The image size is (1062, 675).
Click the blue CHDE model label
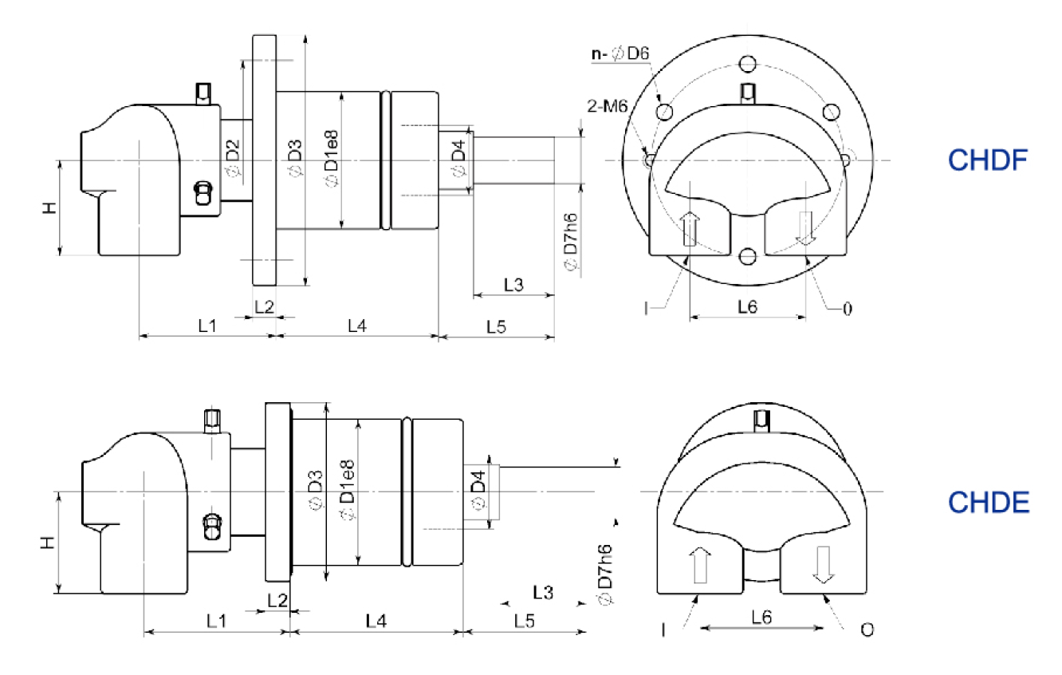click(989, 503)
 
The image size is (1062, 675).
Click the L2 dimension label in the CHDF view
click(264, 306)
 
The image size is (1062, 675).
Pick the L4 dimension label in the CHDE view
click(376, 620)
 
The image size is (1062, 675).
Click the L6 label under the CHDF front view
click(747, 306)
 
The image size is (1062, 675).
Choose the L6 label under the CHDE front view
click(761, 617)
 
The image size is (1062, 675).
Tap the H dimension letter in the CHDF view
click(49, 207)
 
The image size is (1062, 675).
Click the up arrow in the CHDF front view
click(690, 229)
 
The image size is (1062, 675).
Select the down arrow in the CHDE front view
click(823, 566)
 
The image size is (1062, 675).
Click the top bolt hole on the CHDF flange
click(747, 64)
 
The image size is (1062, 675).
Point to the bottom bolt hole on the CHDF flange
click(747, 256)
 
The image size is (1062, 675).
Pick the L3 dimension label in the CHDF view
click(513, 284)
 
